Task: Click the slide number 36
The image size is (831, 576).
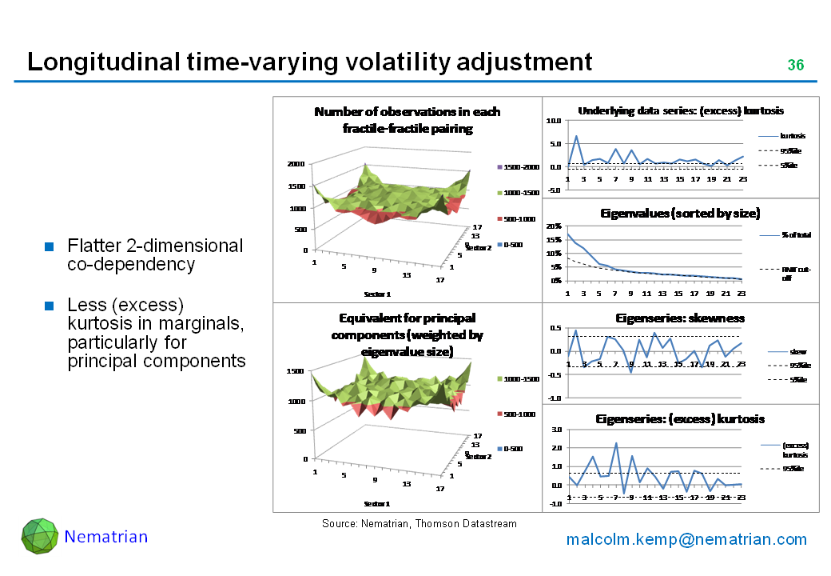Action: tap(795, 65)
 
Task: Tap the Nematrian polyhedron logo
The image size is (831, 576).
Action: tap(39, 536)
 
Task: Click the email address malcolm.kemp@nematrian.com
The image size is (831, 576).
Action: tap(686, 539)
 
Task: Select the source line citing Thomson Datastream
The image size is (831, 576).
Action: tap(419, 523)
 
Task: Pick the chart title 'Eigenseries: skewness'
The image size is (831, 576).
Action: tap(680, 318)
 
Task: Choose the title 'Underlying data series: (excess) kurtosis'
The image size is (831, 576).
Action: tap(680, 110)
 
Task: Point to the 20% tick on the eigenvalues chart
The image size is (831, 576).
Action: tap(552, 226)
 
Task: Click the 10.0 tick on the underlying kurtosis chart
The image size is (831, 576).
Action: tap(553, 121)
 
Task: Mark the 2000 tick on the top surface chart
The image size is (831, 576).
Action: tap(296, 163)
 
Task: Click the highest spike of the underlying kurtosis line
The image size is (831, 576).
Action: tap(576, 136)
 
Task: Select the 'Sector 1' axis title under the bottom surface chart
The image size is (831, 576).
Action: tap(378, 503)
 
